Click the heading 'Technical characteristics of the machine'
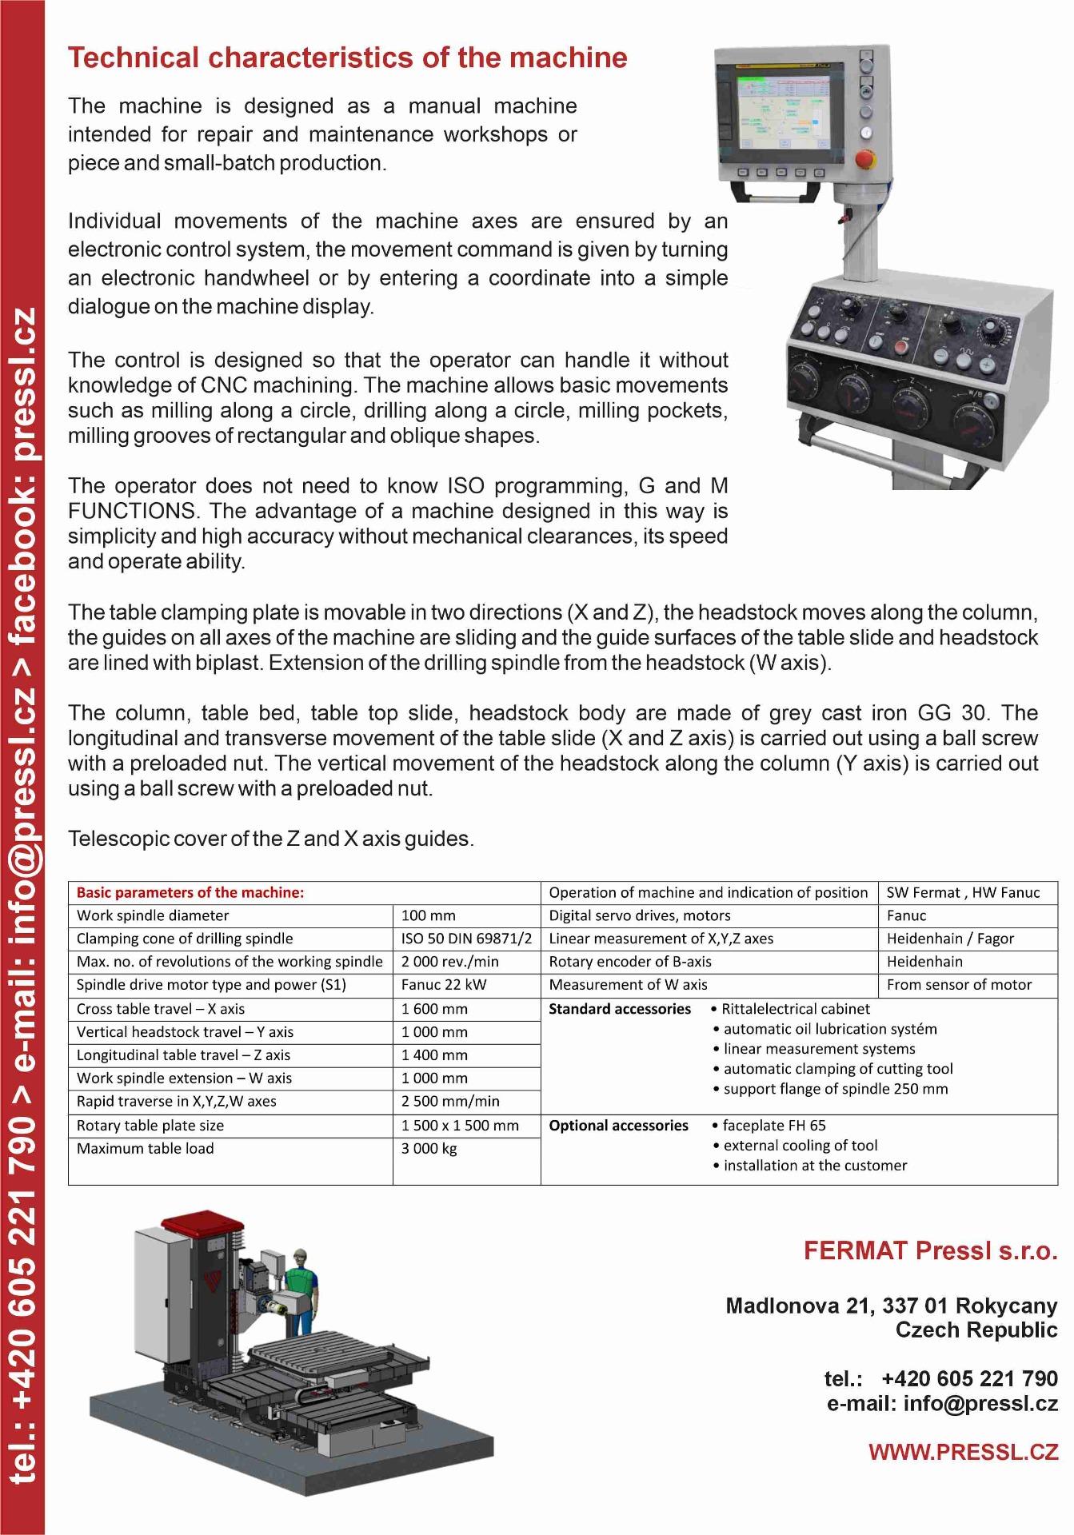[x=347, y=58]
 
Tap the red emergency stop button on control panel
[x=865, y=157]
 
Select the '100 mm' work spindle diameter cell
[x=428, y=915]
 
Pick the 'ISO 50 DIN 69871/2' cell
[x=466, y=939]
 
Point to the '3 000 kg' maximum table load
[x=429, y=1149]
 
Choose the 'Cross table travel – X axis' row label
[x=161, y=1009]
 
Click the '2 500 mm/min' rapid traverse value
[x=450, y=1102]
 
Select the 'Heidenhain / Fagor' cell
[x=949, y=939]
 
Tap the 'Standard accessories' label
[x=619, y=1009]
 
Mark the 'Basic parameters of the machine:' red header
[x=190, y=893]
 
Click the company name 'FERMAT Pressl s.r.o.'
[x=930, y=1251]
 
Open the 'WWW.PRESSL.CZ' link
[x=963, y=1453]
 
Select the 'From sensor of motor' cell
[x=959, y=985]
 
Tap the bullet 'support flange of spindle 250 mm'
[x=835, y=1089]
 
